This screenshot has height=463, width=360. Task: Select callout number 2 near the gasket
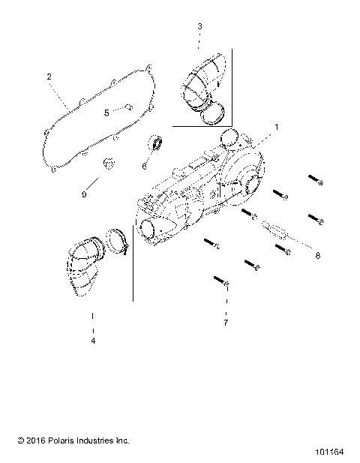[49, 77]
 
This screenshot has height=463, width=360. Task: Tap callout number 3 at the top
[199, 26]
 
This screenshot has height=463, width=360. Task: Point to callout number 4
[93, 341]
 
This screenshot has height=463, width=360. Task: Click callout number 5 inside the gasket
[106, 113]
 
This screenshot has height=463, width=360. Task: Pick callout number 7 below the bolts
[226, 323]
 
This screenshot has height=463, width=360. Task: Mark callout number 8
[317, 256]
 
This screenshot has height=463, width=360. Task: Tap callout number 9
[85, 194]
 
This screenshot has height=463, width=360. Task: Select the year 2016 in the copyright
[25, 440]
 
